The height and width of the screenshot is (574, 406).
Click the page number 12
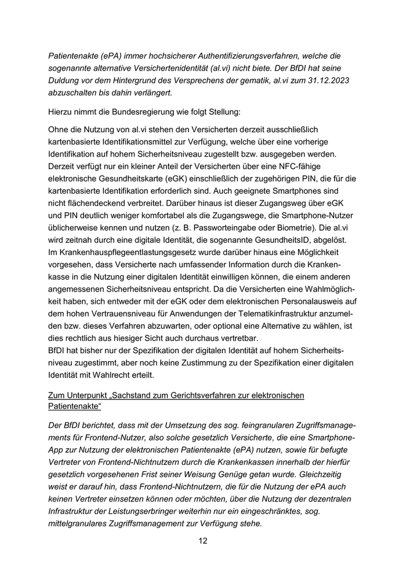point(203,541)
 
